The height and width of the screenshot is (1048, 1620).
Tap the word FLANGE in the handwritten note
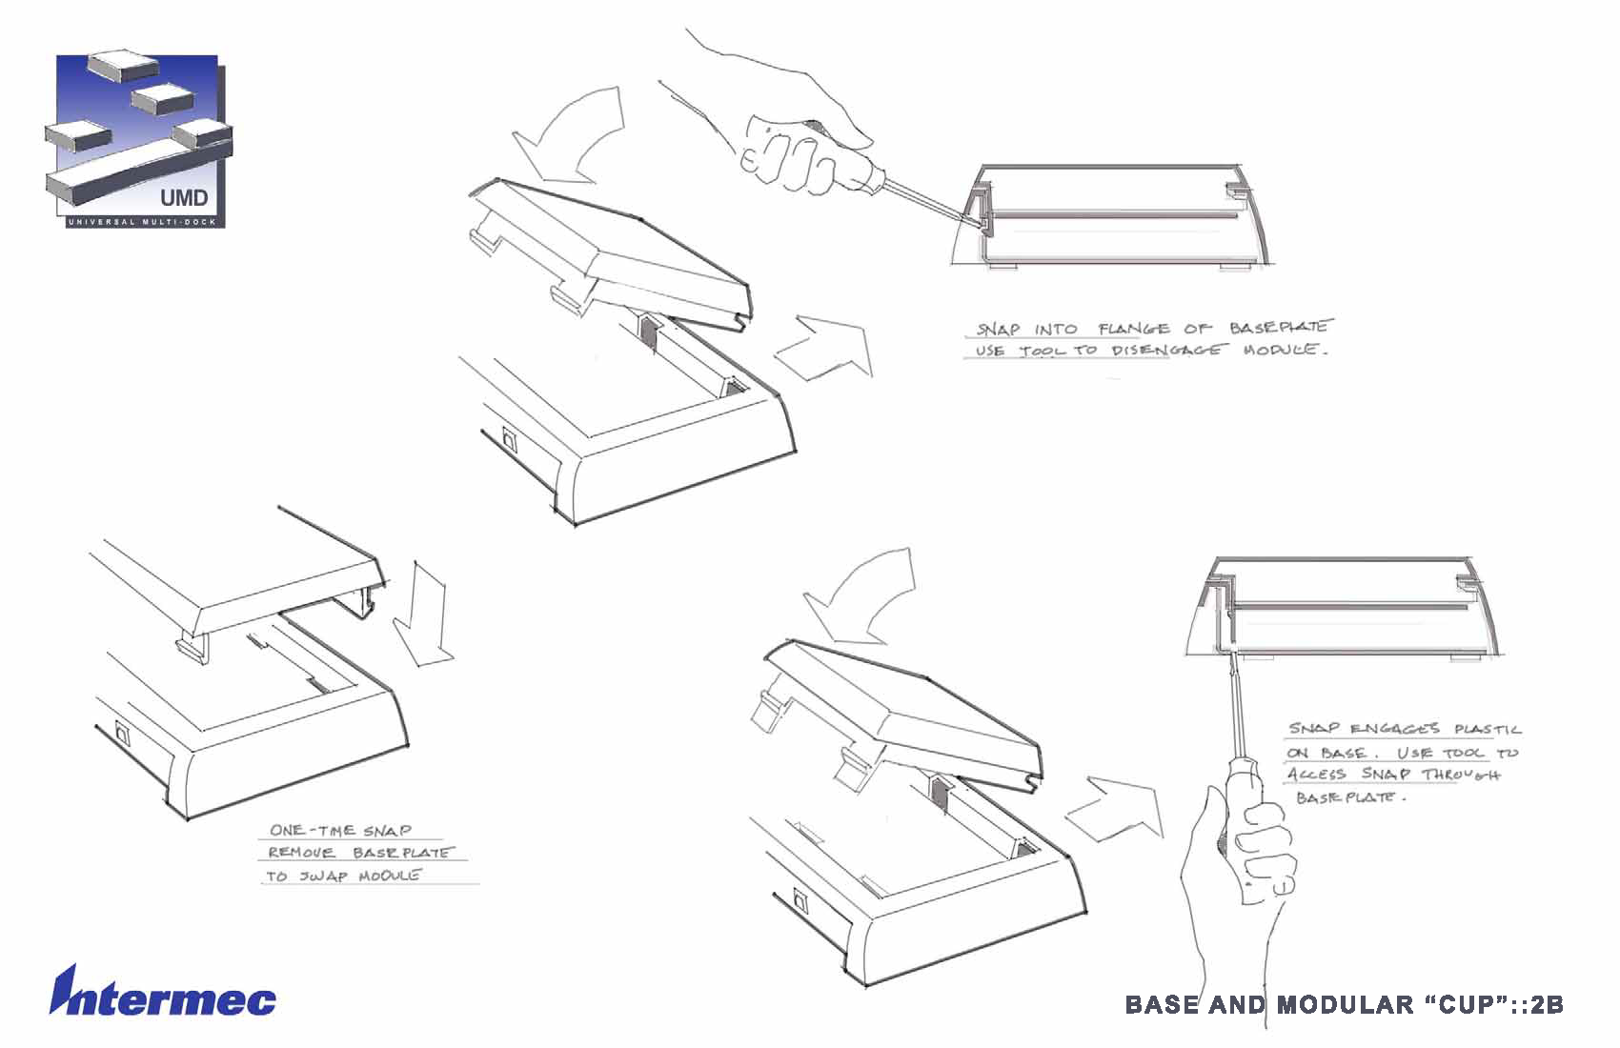[x=1134, y=330]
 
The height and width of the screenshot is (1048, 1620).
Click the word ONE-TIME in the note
[x=314, y=831]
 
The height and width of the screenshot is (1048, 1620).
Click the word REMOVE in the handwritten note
[x=301, y=853]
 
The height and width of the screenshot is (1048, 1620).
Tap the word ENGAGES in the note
[x=1395, y=730]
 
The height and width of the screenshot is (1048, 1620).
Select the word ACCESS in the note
[x=1319, y=775]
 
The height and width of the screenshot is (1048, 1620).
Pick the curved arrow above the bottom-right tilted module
[x=863, y=595]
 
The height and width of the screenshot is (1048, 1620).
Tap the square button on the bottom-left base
[x=123, y=734]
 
